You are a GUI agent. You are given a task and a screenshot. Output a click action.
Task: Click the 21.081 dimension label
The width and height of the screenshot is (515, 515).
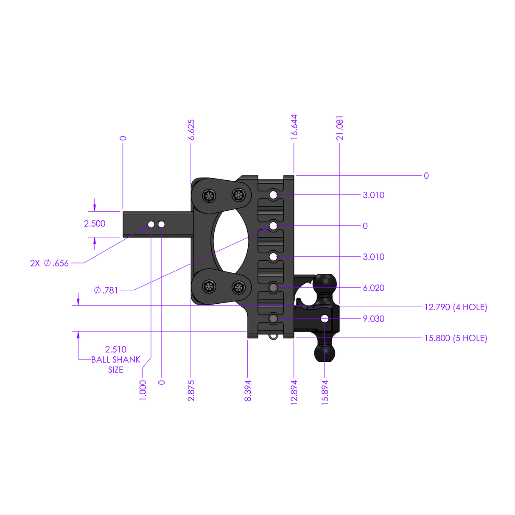click(x=339, y=127)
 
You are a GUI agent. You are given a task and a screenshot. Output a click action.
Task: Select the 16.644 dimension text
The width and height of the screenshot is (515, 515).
click(x=294, y=127)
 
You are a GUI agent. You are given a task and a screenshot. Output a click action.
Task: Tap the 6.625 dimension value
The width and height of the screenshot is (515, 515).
click(x=191, y=129)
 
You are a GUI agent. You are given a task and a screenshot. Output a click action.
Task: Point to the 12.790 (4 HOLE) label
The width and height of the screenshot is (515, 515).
click(x=456, y=307)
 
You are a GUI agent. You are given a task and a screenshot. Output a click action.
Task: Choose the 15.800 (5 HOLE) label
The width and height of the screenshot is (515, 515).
click(x=456, y=338)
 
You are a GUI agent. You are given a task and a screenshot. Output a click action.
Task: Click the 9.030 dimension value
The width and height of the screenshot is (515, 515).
click(x=373, y=319)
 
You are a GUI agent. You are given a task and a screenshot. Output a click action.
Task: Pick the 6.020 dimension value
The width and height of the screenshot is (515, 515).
click(x=373, y=288)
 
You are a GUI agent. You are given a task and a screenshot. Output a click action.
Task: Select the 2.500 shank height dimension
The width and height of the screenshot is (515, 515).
click(x=95, y=224)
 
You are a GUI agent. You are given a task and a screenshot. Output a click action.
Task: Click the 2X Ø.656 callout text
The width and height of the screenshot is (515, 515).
click(x=49, y=263)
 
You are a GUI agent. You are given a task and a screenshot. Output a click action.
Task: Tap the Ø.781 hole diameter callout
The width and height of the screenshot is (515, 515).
click(x=106, y=290)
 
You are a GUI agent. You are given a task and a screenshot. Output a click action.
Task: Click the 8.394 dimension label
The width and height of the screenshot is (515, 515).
click(x=248, y=391)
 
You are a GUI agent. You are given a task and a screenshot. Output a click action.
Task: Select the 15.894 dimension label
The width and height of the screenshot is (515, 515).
click(x=325, y=392)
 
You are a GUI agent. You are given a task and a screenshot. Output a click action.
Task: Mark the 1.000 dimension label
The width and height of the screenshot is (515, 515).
click(x=143, y=390)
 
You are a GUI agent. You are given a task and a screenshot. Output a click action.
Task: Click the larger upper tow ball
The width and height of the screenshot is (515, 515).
click(x=325, y=283)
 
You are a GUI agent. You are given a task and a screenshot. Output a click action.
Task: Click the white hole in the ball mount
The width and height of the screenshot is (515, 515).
click(x=325, y=318)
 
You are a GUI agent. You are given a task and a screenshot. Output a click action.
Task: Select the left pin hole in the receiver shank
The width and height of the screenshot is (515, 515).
click(x=151, y=224)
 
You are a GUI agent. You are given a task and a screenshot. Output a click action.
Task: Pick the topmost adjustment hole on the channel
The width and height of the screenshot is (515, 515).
click(x=273, y=195)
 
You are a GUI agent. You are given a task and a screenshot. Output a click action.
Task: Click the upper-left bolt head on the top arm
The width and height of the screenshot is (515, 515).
click(x=209, y=196)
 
